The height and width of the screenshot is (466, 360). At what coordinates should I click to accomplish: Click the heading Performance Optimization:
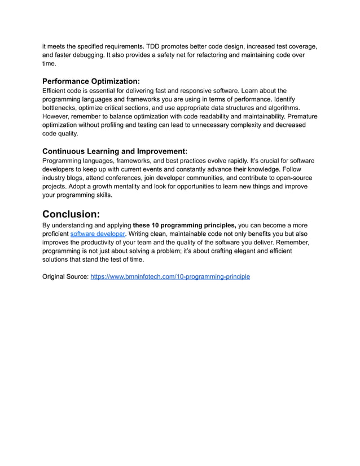click(91, 81)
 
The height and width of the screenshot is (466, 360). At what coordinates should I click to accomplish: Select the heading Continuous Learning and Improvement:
click(115, 151)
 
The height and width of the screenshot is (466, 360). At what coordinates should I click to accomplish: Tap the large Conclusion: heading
click(71, 214)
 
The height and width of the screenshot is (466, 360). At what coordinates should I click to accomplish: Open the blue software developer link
click(97, 234)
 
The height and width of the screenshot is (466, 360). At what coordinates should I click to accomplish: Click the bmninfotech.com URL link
click(170, 277)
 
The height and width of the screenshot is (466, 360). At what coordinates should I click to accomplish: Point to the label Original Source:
click(65, 277)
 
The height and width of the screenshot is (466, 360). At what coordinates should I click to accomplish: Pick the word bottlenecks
click(62, 108)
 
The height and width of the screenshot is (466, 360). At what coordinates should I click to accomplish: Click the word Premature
click(301, 116)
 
